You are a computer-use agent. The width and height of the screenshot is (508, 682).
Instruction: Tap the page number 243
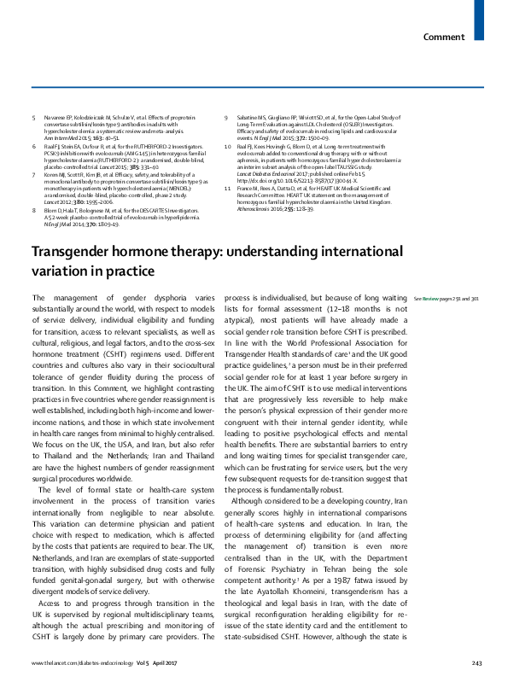[x=477, y=663]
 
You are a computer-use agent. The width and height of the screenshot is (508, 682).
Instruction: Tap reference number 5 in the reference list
[x=35, y=115]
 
